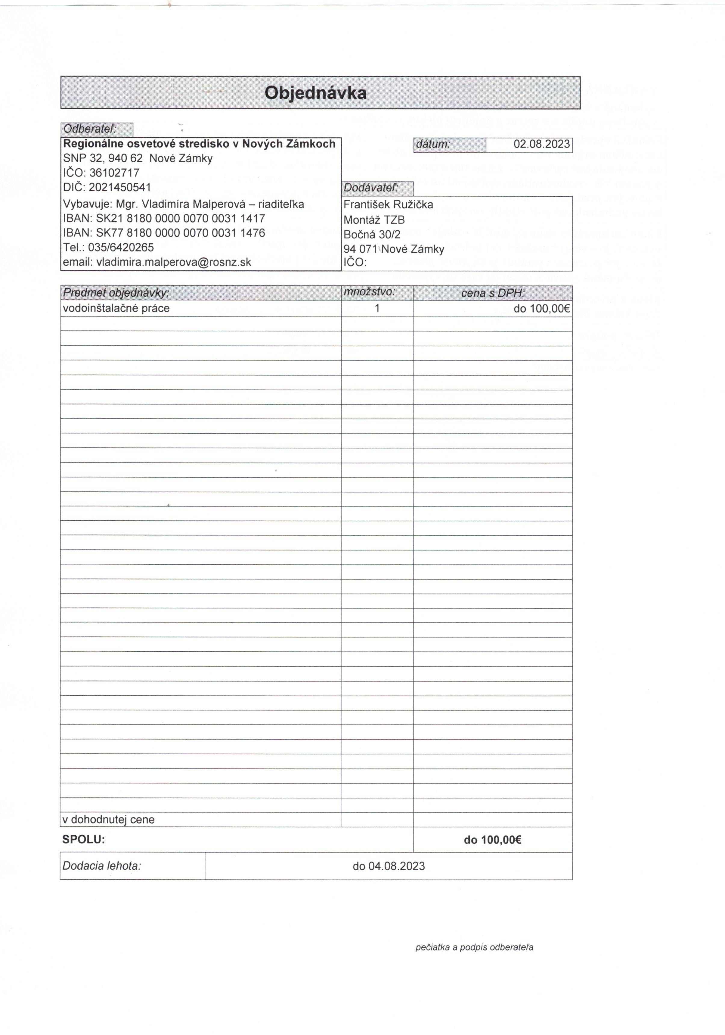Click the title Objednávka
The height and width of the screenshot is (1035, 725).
(x=315, y=93)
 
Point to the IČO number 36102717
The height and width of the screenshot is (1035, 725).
(x=114, y=173)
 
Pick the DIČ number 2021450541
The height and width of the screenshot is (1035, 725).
(x=120, y=187)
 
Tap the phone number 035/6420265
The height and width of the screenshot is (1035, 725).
(x=121, y=248)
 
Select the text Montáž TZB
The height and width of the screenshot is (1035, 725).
(x=374, y=220)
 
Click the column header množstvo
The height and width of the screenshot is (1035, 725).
(x=369, y=292)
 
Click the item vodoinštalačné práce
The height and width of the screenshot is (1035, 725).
(x=116, y=308)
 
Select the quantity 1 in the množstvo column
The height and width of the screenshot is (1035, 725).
(x=377, y=308)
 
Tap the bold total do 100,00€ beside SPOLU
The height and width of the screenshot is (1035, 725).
(x=492, y=840)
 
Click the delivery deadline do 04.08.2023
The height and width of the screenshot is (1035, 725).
(x=389, y=866)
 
